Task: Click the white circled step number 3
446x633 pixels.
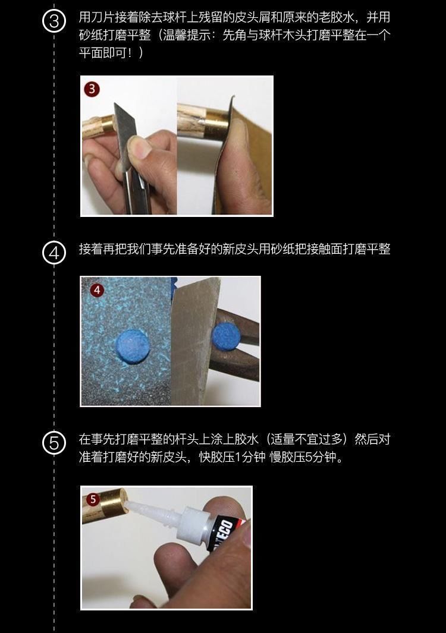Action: pyautogui.click(x=54, y=21)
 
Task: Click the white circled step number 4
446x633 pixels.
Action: pyautogui.click(x=54, y=253)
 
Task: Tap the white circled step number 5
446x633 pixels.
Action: pyautogui.click(x=54, y=443)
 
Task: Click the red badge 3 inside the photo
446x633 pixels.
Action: pyautogui.click(x=92, y=89)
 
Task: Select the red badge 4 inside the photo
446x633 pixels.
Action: pyautogui.click(x=97, y=290)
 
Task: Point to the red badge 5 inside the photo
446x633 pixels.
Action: pyautogui.click(x=93, y=499)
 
